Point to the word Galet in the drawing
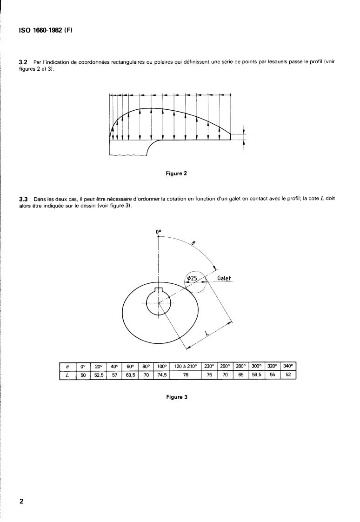[224, 279]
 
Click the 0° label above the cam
[159, 230]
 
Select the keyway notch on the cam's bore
[159, 291]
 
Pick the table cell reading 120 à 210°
[185, 367]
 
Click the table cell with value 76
[185, 375]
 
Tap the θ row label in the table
[68, 367]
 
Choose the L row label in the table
[68, 375]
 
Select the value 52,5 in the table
[98, 375]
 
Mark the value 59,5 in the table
[257, 375]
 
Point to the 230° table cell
[209, 367]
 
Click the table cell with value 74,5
[161, 375]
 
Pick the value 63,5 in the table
[130, 375]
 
